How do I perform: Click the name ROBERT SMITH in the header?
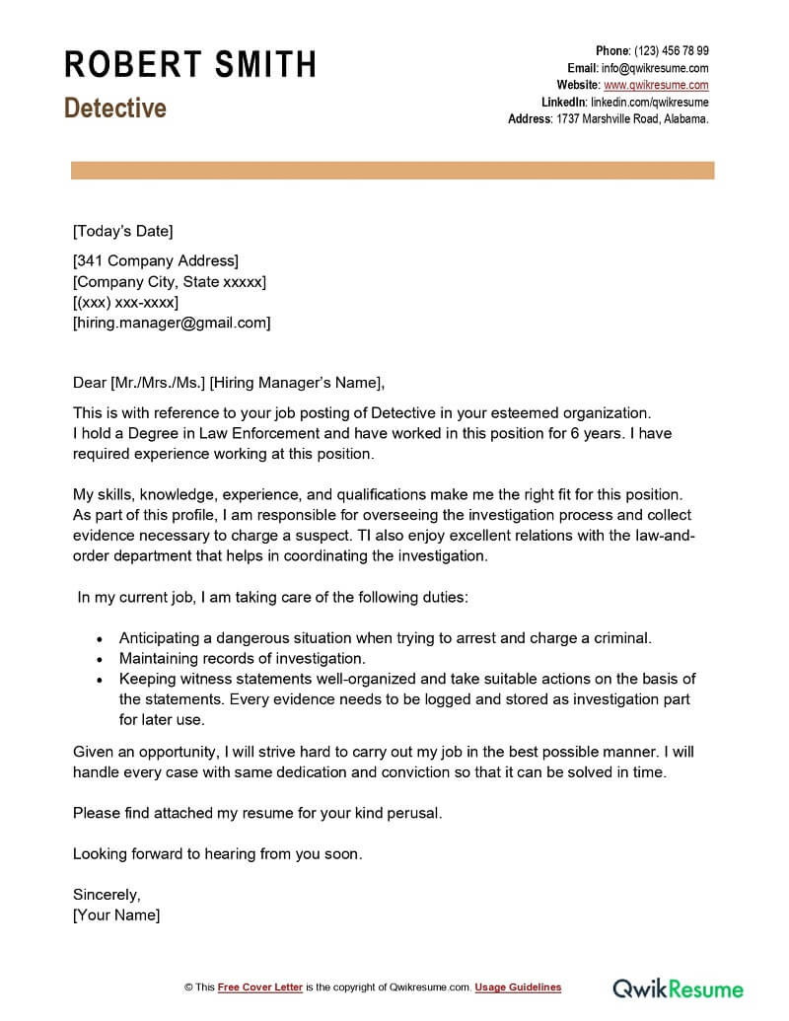coord(190,65)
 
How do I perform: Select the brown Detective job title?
coord(115,108)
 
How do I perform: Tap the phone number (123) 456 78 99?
coord(671,51)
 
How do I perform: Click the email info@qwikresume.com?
coord(655,68)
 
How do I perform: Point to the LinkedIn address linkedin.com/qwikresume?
coord(649,102)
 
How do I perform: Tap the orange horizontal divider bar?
coord(393,172)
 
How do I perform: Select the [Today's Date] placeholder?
coord(122,232)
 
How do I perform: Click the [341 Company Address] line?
coord(156,261)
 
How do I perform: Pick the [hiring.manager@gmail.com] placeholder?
coord(172,323)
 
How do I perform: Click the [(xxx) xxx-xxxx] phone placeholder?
coord(125,302)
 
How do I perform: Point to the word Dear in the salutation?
coord(89,383)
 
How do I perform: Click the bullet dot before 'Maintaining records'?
coord(100,659)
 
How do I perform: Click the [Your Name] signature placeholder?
coord(116,915)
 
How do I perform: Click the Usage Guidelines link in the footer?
coord(518,987)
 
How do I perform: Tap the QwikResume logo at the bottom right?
coord(679,987)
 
